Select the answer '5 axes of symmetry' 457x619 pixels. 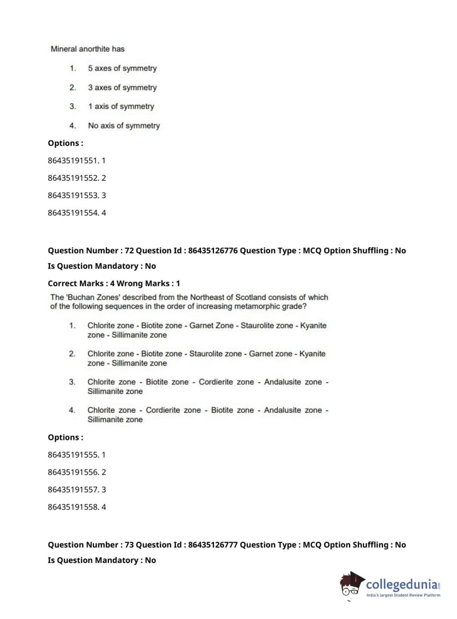pyautogui.click(x=122, y=68)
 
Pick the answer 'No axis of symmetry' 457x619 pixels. pyautogui.click(x=124, y=126)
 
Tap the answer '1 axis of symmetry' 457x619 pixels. pyautogui.click(x=121, y=106)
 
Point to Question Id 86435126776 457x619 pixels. pyautogui.click(x=213, y=251)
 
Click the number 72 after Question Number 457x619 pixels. pyautogui.click(x=129, y=251)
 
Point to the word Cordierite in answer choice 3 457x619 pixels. pyautogui.click(x=219, y=382)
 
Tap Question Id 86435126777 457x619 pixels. pyautogui.click(x=213, y=545)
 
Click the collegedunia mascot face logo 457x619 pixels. pyautogui.click(x=351, y=585)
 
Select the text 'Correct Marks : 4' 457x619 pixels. pyautogui.click(x=79, y=283)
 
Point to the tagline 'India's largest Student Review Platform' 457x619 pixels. pyautogui.click(x=403, y=595)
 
